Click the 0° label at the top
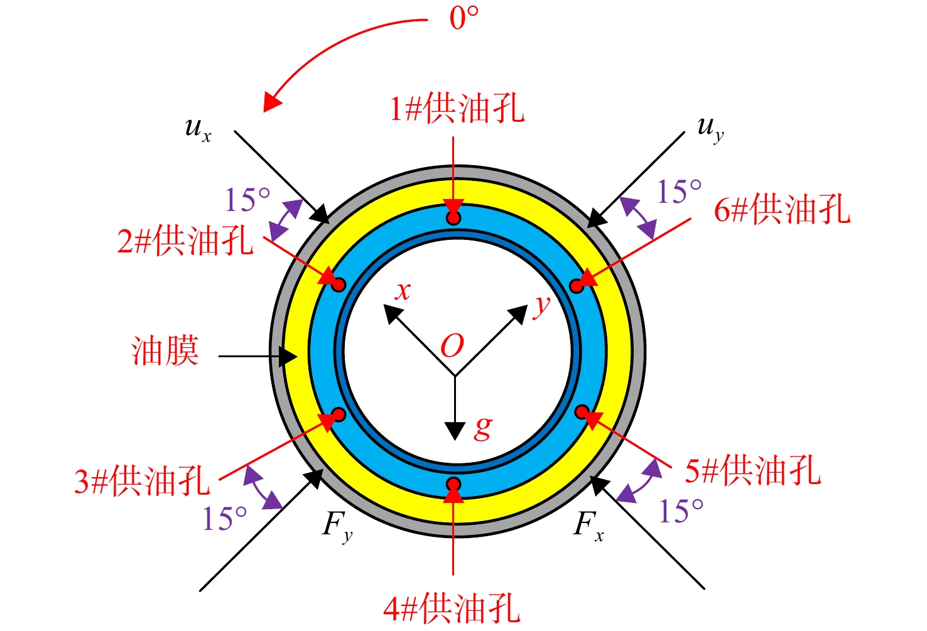pos(464,18)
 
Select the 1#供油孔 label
pos(457,109)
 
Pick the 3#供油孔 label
pos(142,481)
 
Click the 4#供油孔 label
pos(452,608)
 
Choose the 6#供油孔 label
pos(782,209)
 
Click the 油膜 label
pos(165,350)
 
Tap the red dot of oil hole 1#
pos(454,218)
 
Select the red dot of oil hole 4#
pos(454,483)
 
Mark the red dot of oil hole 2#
pos(339,284)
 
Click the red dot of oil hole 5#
pos(582,412)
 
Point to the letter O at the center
pos(452,346)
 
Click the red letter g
pos(483,428)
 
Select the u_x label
pos(198,129)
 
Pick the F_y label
pos(337,527)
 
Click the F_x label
pos(588,526)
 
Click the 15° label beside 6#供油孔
pos(679,191)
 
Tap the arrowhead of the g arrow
pos(455,431)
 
